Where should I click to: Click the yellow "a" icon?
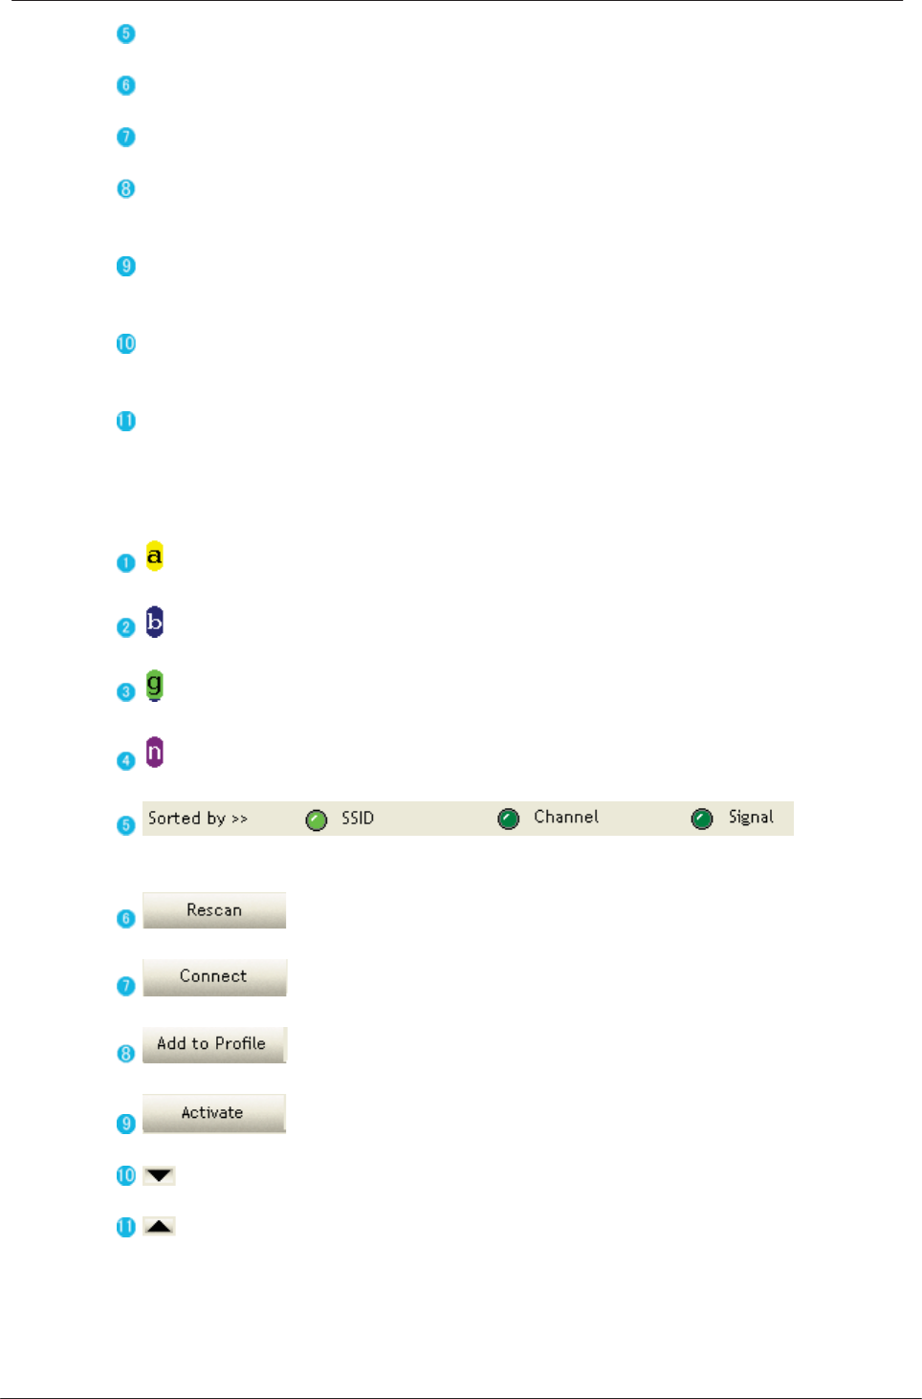154,556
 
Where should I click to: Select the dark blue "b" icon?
154,622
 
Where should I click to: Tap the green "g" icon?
154,685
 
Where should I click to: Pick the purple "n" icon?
154,752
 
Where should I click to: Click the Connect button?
214,976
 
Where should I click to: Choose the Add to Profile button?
214,1044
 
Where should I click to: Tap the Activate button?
214,1113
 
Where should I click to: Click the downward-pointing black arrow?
159,1175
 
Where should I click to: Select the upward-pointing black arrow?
159,1226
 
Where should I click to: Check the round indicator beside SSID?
317,820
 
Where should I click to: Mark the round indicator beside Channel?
509,819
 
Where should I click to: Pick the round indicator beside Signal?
702,819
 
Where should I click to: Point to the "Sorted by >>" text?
198,819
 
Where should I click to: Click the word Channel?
566,818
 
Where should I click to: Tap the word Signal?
751,818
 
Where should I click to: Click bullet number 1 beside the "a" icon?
125,562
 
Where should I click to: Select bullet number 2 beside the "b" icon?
125,627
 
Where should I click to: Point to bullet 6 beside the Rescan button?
125,919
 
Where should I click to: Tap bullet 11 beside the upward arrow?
125,1227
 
